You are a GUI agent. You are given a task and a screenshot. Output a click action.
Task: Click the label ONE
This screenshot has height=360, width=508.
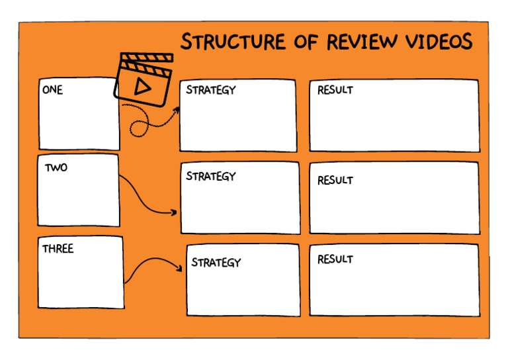(52, 90)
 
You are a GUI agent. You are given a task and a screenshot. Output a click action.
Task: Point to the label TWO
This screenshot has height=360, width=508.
(56, 167)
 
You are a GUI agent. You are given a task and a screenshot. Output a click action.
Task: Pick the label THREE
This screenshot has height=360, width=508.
(58, 249)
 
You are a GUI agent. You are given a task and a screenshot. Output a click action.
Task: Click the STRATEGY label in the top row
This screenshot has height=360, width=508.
(210, 89)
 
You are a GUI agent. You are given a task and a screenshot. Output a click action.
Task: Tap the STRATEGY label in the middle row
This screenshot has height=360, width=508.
(210, 176)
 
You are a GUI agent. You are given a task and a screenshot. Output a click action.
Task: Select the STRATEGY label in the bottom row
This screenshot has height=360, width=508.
(216, 262)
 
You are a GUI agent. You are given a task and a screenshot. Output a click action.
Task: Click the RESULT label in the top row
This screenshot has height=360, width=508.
(335, 90)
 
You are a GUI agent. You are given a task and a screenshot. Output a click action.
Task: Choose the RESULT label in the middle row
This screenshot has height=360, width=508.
(335, 180)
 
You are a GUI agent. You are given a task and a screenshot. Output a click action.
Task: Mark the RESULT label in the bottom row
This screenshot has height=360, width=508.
(335, 259)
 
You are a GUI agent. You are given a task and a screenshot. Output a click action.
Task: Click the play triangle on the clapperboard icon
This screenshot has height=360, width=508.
(140, 85)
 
